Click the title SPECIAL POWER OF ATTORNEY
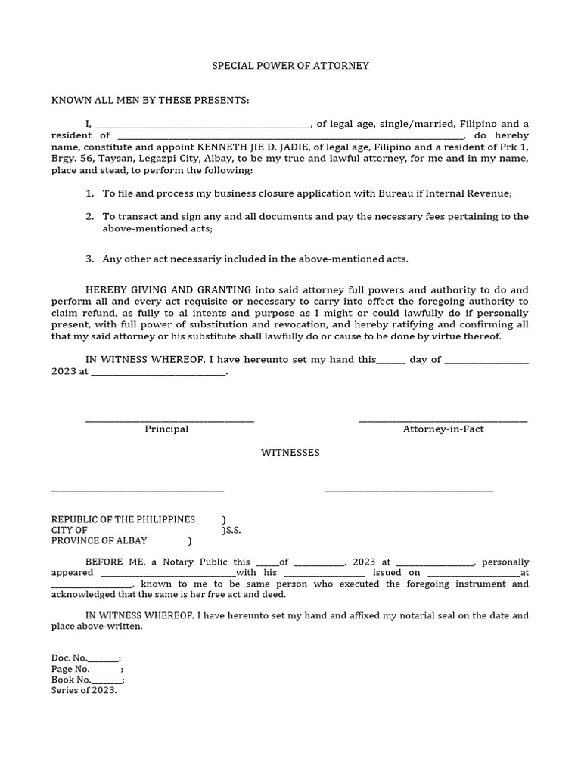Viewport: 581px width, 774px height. pyautogui.click(x=290, y=66)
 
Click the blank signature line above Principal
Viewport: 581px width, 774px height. pyautogui.click(x=169, y=420)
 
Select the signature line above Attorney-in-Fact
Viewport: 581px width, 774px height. pyautogui.click(x=443, y=420)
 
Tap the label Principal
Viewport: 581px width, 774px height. pyautogui.click(x=166, y=429)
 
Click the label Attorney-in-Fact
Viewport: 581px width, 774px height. pyautogui.click(x=443, y=429)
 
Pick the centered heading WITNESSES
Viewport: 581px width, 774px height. pyautogui.click(x=290, y=453)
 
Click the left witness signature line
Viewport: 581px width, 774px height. pyautogui.click(x=137, y=491)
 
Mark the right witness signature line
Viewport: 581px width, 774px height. pyautogui.click(x=409, y=491)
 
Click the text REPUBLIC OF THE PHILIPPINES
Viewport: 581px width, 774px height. pyautogui.click(x=123, y=520)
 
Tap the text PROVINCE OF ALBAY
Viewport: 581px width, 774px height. pyautogui.click(x=99, y=541)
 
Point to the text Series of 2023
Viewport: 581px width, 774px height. pyautogui.click(x=84, y=691)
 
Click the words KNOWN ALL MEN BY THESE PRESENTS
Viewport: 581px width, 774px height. pyautogui.click(x=150, y=101)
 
